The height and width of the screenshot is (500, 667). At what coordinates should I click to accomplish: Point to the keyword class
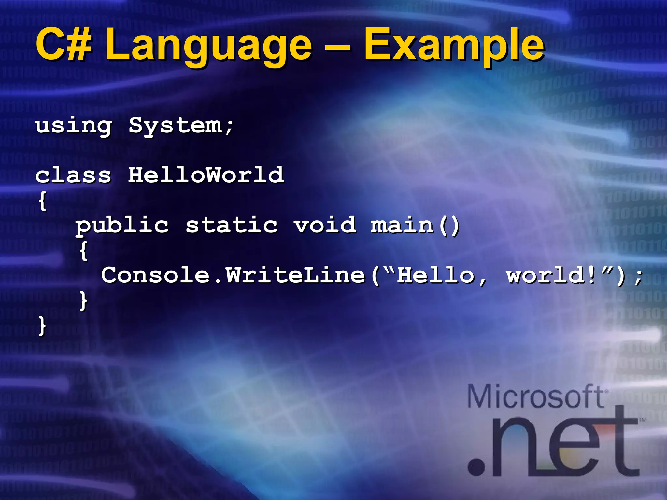pyautogui.click(x=74, y=175)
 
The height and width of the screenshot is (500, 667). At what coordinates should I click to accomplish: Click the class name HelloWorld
pyautogui.click(x=206, y=175)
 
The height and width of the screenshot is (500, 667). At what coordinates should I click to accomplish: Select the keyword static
pyautogui.click(x=232, y=225)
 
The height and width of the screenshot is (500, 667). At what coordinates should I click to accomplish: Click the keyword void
pyautogui.click(x=325, y=225)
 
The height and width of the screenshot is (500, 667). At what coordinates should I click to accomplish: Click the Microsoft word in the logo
pyautogui.click(x=536, y=396)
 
